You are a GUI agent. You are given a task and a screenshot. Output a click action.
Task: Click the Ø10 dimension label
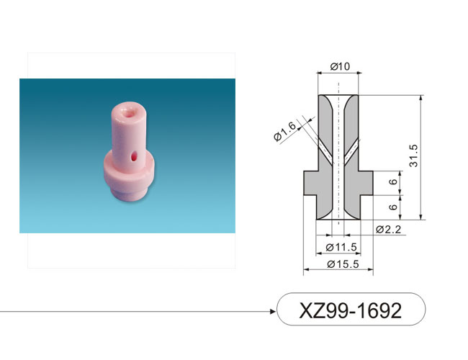tap(340, 66)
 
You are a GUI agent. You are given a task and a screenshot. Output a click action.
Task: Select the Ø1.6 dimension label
tap(284, 131)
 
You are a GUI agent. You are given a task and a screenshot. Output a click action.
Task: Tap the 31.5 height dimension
tap(414, 156)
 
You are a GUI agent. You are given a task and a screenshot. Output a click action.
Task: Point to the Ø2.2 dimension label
tap(389, 230)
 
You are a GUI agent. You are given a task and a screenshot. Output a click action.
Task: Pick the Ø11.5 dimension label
tap(341, 247)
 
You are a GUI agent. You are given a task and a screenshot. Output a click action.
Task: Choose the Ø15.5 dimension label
tap(343, 264)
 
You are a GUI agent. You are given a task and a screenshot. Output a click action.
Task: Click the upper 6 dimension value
tap(394, 181)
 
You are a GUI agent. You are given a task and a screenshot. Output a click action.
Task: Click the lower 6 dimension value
tap(394, 207)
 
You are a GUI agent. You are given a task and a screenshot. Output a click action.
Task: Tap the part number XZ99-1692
tap(351, 310)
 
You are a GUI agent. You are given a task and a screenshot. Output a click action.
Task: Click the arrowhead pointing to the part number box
tap(273, 312)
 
